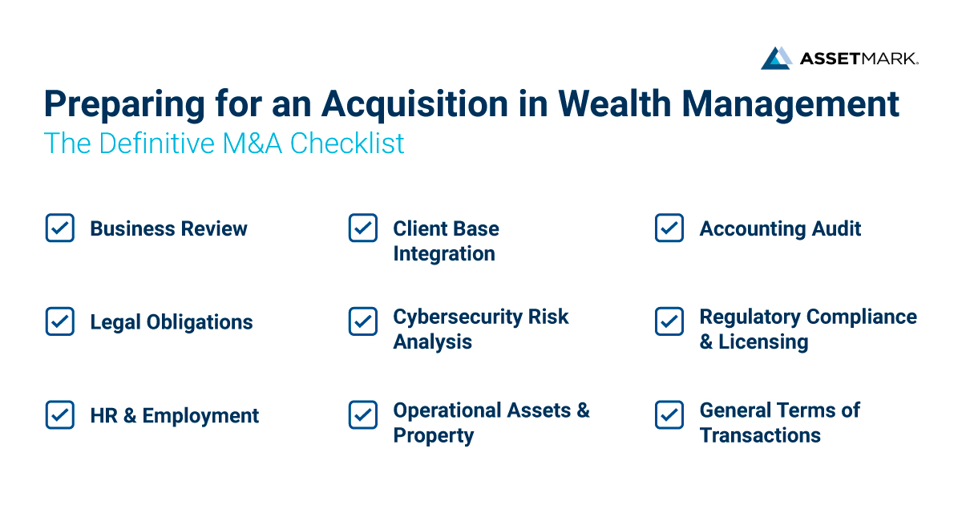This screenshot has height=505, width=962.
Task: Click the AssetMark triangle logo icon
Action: [x=776, y=58]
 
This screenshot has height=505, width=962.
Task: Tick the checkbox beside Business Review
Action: [x=60, y=228]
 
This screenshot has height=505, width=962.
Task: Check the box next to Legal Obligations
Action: [x=60, y=322]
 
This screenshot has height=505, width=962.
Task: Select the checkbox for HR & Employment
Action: [x=60, y=415]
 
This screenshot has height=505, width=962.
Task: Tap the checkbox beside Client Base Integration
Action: [x=363, y=228]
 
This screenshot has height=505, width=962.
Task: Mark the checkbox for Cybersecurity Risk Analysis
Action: [x=363, y=322]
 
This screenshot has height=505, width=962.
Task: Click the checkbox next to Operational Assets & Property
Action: [x=363, y=415]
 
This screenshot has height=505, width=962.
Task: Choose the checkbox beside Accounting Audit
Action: [x=669, y=228]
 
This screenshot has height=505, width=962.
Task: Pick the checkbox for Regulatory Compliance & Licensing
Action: [x=669, y=322]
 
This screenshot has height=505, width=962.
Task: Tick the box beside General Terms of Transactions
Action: [x=669, y=415]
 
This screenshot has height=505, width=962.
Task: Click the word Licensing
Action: [x=763, y=341]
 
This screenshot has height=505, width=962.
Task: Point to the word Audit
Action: [x=836, y=228]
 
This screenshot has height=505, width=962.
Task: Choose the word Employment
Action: [x=201, y=416]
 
